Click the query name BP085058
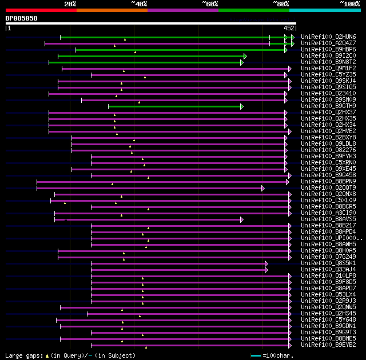pos(22,18)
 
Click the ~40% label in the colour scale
pos(139,4)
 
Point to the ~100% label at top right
pos(349,4)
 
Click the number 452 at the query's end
pos(289,27)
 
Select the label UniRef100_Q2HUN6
pos(328,37)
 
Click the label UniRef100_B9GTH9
pos(328,106)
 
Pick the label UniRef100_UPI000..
pos(331,238)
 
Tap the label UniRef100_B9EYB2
pos(328,345)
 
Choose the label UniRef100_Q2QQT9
pos(328,187)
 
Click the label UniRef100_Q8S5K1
pos(328,263)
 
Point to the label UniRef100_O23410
pos(328,93)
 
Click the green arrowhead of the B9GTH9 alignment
pos(242,106)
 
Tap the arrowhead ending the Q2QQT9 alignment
pos(263,188)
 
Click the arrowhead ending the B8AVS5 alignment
pos(242,219)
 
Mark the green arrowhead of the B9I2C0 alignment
pos(245,56)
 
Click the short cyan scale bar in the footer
pos(256,355)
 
